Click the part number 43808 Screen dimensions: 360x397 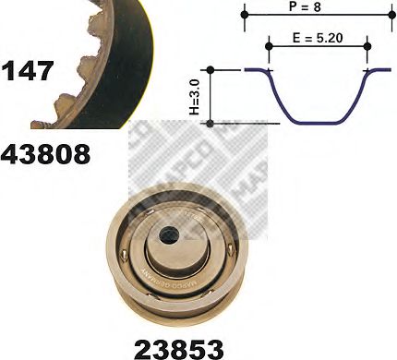pos(46,153)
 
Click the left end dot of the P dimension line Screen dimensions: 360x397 pos(246,14)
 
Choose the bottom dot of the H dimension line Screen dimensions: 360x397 pos(212,122)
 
